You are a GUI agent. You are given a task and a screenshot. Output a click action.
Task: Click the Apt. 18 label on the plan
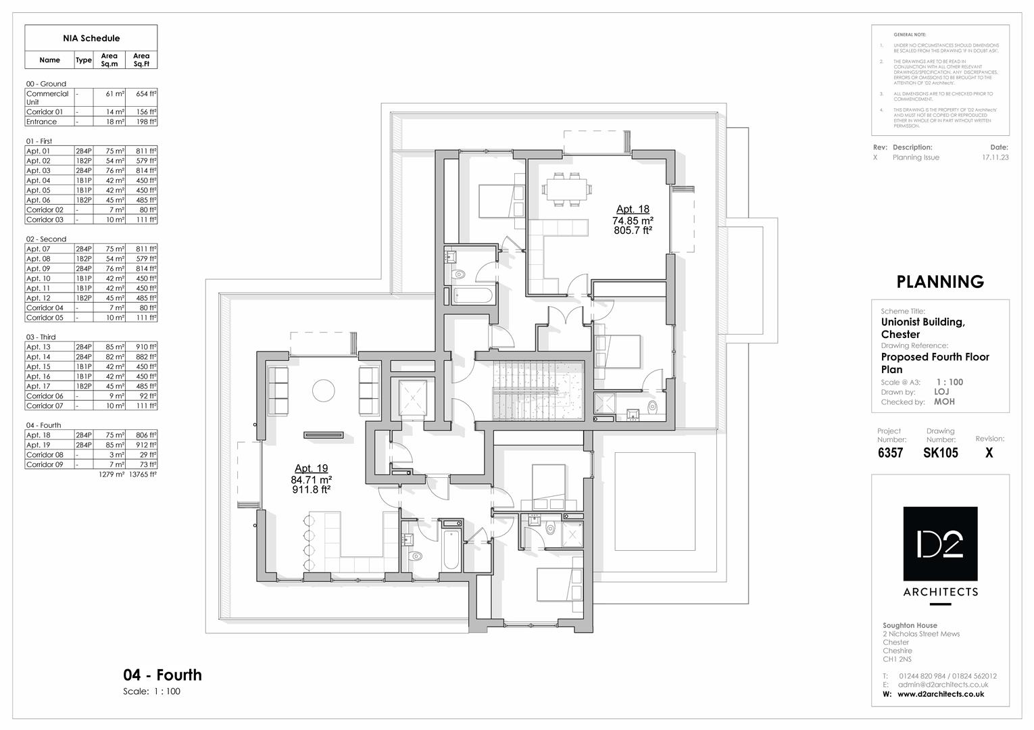632,210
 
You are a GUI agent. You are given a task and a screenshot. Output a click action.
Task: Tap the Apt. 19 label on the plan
311,468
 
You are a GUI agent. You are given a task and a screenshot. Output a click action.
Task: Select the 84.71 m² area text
311,479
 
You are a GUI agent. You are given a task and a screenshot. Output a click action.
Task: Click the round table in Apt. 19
323,391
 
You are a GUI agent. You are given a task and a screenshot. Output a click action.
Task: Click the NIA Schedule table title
91,38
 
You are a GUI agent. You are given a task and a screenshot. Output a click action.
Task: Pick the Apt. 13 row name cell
39,347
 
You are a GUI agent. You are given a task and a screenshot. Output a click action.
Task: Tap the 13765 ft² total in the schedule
143,474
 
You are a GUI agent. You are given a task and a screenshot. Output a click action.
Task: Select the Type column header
83,60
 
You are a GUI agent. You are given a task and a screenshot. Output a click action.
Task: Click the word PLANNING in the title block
939,282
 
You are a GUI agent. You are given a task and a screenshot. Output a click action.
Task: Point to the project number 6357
890,453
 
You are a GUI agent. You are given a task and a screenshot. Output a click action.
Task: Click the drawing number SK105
940,453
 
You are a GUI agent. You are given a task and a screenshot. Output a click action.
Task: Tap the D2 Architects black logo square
940,543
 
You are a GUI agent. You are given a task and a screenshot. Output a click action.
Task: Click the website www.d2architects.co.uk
940,694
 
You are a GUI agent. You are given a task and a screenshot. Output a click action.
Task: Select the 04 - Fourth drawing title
162,675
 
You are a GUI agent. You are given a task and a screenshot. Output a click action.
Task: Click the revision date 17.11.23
995,157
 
